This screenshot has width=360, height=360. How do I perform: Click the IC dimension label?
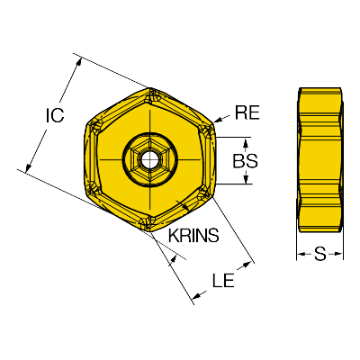(55, 115)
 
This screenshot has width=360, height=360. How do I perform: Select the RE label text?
(247, 112)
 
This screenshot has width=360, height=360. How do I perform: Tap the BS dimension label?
(246, 161)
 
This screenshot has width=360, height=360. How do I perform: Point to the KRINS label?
(193, 235)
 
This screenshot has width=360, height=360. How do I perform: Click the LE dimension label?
(223, 281)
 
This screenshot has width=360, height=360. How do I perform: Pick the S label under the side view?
(319, 254)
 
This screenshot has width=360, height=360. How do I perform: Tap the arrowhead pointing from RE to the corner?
(218, 120)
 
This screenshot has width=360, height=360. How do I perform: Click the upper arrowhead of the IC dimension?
(79, 62)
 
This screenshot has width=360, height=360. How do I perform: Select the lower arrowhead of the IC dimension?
(28, 167)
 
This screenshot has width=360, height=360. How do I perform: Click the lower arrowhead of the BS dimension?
(246, 179)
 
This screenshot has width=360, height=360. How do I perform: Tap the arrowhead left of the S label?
(301, 255)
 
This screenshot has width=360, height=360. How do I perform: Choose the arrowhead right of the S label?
(339, 255)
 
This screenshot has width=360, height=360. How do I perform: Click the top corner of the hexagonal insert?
(150, 88)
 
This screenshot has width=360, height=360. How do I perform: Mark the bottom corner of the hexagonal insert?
(150, 231)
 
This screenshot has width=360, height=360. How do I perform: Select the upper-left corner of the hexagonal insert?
(86, 123)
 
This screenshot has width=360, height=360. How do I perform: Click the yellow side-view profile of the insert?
(319, 160)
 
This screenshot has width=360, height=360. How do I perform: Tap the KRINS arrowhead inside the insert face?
(184, 206)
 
